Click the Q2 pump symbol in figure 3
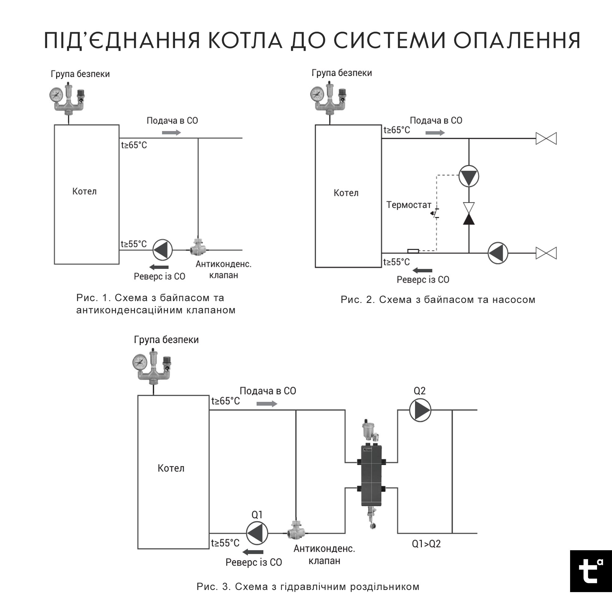(420, 410)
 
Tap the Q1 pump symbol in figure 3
(257, 533)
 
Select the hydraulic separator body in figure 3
(371, 475)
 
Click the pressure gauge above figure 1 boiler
(56, 94)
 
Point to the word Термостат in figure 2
(409, 205)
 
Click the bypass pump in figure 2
(468, 176)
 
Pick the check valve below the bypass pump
(468, 214)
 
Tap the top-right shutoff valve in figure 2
(546, 138)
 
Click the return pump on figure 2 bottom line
(498, 253)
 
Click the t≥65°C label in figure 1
(134, 145)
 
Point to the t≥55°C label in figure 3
(225, 543)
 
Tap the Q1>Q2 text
(426, 544)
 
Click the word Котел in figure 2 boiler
(346, 193)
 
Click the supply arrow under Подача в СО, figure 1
(171, 132)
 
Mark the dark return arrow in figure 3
(255, 552)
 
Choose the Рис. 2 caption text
(438, 299)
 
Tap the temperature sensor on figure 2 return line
(413, 251)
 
